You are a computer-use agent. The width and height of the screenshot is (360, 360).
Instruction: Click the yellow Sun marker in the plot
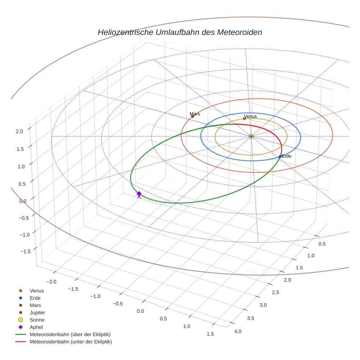[x=251, y=136]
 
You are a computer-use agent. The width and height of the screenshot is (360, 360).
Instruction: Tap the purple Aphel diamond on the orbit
[x=139, y=194]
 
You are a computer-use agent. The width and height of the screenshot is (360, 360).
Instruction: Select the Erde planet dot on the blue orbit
[x=280, y=157]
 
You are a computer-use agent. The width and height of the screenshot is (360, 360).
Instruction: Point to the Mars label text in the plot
[x=195, y=114]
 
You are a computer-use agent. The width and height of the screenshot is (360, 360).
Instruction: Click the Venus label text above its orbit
[x=250, y=116]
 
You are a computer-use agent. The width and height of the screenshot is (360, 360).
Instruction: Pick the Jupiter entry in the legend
[x=37, y=312]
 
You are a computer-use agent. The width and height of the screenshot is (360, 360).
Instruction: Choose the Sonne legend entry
[x=37, y=320]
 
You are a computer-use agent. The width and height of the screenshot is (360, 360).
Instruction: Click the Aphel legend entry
[x=36, y=327]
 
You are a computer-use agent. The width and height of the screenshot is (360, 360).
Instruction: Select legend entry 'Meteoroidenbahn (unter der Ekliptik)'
[x=71, y=342]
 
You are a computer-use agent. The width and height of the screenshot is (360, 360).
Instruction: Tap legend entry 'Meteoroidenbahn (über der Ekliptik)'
[x=70, y=334]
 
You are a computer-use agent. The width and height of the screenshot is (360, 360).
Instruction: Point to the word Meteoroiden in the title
[x=240, y=32]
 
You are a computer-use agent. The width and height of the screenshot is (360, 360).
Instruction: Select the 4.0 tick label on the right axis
[x=237, y=331]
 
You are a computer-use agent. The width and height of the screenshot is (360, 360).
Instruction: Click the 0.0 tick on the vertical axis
[x=23, y=201]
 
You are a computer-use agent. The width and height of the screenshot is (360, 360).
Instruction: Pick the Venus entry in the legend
[x=37, y=290]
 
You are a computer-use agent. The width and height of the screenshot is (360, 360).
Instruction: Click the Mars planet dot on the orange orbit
[x=192, y=116]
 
